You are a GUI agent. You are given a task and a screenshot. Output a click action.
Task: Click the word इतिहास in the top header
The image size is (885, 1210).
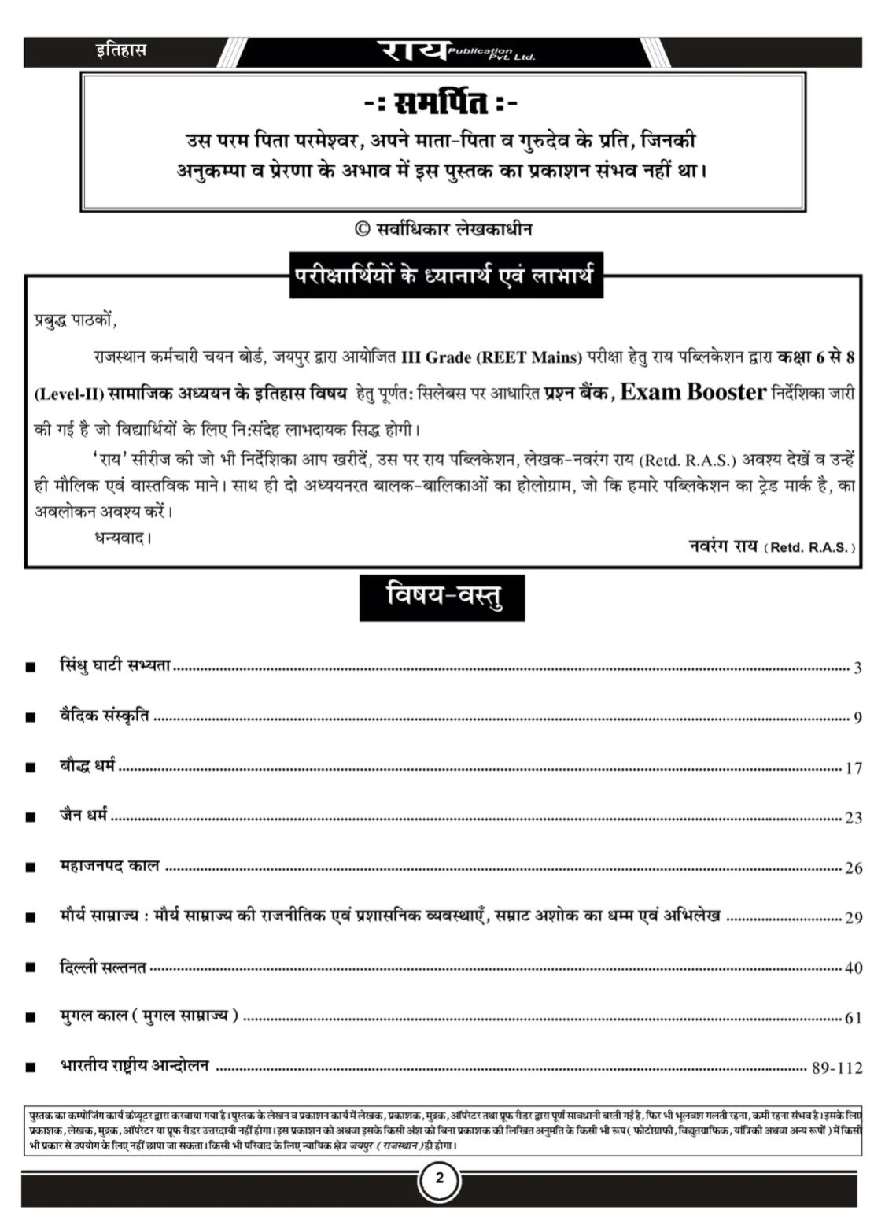117,52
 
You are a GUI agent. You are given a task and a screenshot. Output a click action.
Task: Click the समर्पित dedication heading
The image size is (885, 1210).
443,103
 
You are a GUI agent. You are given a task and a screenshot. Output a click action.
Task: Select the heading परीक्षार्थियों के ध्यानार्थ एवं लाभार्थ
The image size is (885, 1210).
444,277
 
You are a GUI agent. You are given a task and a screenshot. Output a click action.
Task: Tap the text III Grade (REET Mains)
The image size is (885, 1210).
492,357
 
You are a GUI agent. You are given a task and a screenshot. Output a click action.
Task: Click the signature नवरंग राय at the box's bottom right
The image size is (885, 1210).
721,545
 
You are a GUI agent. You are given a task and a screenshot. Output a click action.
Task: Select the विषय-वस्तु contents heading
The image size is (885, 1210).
443,598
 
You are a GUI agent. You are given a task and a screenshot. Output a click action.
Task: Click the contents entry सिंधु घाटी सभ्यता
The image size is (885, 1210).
116,665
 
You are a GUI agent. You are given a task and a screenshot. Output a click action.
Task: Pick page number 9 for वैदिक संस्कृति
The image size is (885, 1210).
857,718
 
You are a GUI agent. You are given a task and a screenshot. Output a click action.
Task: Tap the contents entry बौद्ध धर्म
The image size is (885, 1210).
88,765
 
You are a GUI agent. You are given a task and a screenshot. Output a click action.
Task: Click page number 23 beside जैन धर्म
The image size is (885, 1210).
853,819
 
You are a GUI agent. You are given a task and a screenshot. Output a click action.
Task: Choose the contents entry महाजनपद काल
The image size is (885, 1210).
109,866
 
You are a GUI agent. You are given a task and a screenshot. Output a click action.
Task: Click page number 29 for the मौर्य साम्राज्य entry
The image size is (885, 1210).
853,918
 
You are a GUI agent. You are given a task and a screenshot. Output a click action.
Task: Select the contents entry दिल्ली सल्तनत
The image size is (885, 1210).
103,967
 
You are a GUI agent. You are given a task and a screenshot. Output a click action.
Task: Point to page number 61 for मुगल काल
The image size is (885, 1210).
853,1018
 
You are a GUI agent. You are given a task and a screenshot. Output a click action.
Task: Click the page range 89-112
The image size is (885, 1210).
836,1068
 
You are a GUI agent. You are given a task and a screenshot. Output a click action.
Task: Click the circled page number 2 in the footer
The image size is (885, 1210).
440,1179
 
